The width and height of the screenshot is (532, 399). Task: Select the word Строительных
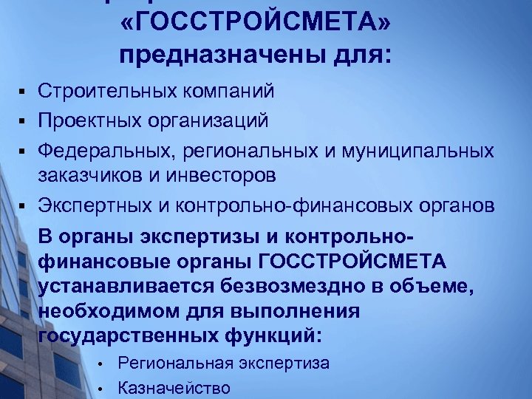pyautogui.click(x=98, y=92)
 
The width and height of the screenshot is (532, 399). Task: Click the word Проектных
pyautogui.click(x=86, y=119)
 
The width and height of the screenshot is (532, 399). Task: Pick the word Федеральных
pyautogui.click(x=95, y=150)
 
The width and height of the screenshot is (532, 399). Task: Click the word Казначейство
pyautogui.click(x=174, y=388)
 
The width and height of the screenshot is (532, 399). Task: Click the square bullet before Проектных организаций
pyautogui.click(x=24, y=119)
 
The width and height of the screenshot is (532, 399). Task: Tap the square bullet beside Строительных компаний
pyautogui.click(x=24, y=92)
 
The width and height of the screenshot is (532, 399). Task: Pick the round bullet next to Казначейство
pyautogui.click(x=98, y=389)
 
